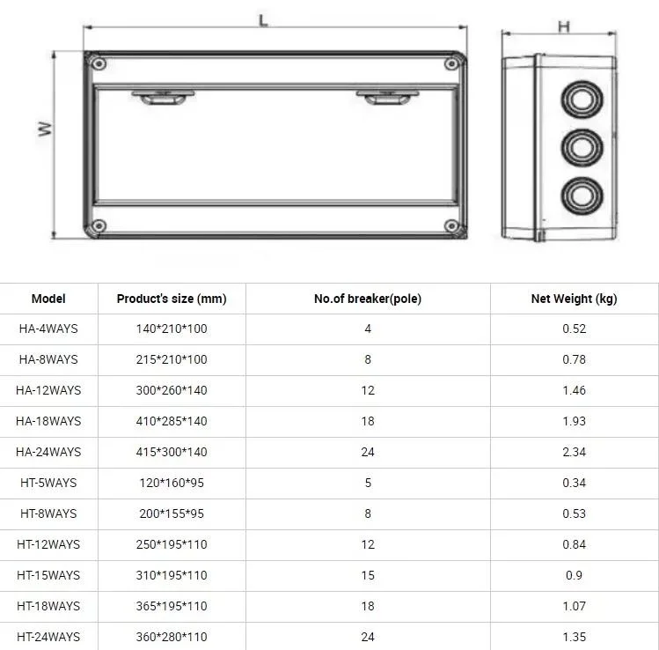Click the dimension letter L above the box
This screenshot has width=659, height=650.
click(263, 20)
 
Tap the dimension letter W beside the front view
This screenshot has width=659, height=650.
click(46, 129)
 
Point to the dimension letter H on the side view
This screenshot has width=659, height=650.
click(563, 26)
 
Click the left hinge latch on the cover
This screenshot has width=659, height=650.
click(158, 97)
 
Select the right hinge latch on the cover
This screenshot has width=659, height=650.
click(384, 97)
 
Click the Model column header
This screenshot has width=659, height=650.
click(48, 299)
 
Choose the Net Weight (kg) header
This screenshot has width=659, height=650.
click(574, 299)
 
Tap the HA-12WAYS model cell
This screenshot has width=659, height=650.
click(48, 390)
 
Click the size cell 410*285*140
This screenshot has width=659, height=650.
click(172, 421)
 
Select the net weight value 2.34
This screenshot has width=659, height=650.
click(574, 452)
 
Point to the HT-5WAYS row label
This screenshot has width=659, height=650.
click(48, 483)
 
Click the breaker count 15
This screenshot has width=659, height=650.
click(368, 575)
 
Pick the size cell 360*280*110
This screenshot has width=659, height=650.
click(172, 637)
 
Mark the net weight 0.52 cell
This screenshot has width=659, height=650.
click(574, 329)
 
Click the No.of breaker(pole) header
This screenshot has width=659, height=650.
click(368, 299)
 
